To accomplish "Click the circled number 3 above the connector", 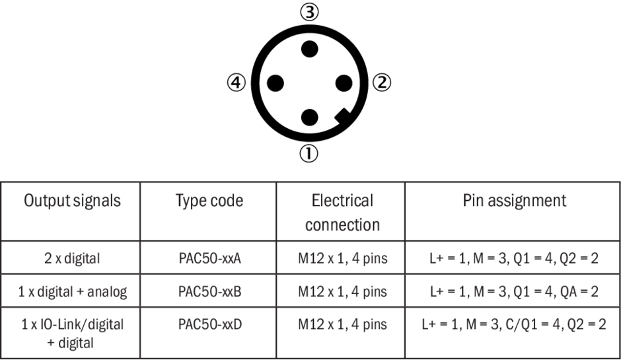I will point(309,12).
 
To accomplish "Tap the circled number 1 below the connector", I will point(309,155).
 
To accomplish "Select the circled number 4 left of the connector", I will point(236,83).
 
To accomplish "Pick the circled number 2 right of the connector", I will point(383,83).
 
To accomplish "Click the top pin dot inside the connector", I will point(309,49).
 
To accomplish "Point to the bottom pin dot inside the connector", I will point(309,118).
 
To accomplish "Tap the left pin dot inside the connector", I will point(275,83).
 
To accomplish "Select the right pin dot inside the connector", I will point(344,83).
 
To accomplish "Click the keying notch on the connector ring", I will point(343,117).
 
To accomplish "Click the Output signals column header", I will point(73,201).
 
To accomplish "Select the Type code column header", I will point(209,201).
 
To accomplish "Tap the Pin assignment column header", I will point(514,201).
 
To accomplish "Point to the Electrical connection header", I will point(342,212).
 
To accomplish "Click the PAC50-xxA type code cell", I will point(209,258).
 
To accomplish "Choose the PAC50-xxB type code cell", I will point(209,291).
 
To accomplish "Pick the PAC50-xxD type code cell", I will point(209,324).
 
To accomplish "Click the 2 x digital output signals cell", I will point(73,258).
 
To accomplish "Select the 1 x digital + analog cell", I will point(73,291).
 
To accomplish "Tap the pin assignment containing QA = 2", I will point(514,291).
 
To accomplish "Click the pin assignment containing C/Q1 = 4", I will point(514,324).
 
